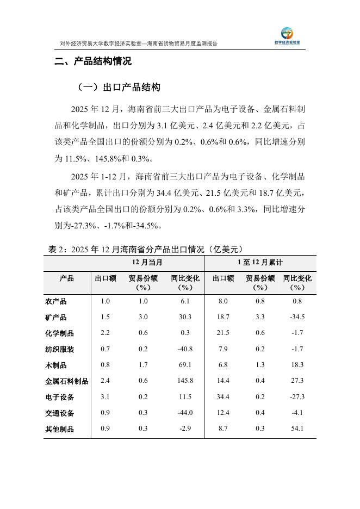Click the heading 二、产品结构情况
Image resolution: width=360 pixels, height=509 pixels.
pos(93,62)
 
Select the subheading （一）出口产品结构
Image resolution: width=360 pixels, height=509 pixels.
pos(117,88)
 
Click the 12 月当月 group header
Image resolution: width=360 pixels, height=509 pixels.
pos(147,262)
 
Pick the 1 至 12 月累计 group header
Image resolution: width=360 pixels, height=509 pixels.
pos(260,262)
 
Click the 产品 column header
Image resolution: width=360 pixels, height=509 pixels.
pos(66,278)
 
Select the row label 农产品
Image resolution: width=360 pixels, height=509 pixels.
pos(56,301)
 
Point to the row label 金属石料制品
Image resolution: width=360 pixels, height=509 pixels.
pos(66,381)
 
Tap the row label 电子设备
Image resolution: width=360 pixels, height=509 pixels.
pos(59,398)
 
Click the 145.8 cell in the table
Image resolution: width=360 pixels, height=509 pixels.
pos(185,381)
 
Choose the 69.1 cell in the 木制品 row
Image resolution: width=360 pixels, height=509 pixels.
pos(185,365)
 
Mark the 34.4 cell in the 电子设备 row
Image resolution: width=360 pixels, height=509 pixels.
pos(223,398)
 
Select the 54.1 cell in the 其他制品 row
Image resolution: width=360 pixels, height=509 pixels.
pos(297,429)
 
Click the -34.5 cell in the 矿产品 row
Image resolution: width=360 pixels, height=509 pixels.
pos(297,317)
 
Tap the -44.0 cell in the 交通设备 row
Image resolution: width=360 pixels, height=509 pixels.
pos(185,413)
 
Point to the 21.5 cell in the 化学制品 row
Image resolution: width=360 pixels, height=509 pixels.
pos(223,333)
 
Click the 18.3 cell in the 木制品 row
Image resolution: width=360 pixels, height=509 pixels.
pos(297,365)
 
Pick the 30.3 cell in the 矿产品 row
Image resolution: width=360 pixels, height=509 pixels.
pos(185,317)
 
